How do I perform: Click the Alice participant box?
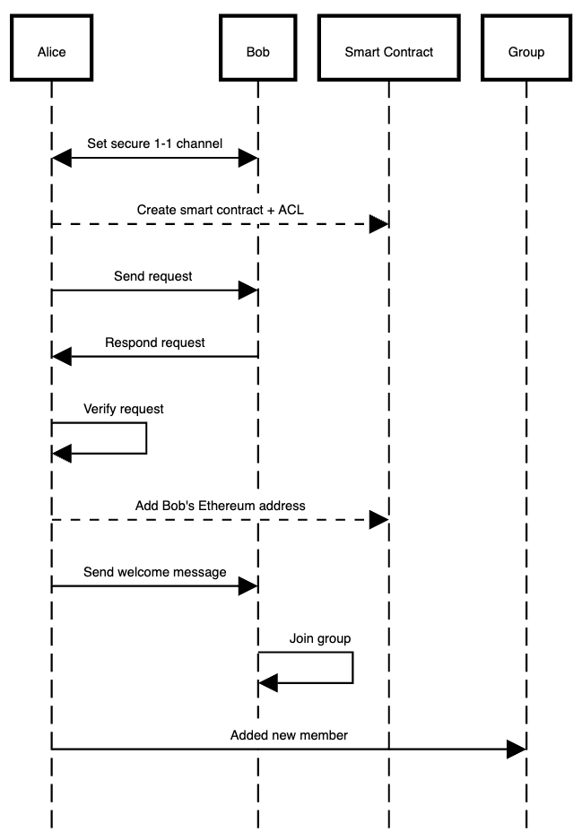[x=51, y=52]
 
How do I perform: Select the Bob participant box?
[x=257, y=52]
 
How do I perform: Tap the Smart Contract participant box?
[x=388, y=52]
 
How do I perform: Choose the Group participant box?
[x=526, y=52]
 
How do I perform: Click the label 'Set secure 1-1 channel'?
[x=154, y=143]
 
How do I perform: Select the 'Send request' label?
[x=152, y=276]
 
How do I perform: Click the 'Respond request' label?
[x=154, y=342]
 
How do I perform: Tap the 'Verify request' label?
[x=124, y=409]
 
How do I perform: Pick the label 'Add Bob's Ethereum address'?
[x=220, y=506]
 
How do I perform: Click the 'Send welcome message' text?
[x=154, y=571]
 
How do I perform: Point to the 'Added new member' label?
[x=289, y=735]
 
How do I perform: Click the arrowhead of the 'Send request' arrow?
[x=248, y=290]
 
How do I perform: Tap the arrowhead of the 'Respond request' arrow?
[x=62, y=357]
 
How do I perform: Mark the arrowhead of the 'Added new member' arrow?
[x=516, y=749]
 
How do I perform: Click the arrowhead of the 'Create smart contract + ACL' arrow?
[x=378, y=224]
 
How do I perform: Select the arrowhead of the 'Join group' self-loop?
[x=268, y=684]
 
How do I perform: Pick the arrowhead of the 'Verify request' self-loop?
[x=62, y=454]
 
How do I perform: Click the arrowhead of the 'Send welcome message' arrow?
[x=248, y=586]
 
